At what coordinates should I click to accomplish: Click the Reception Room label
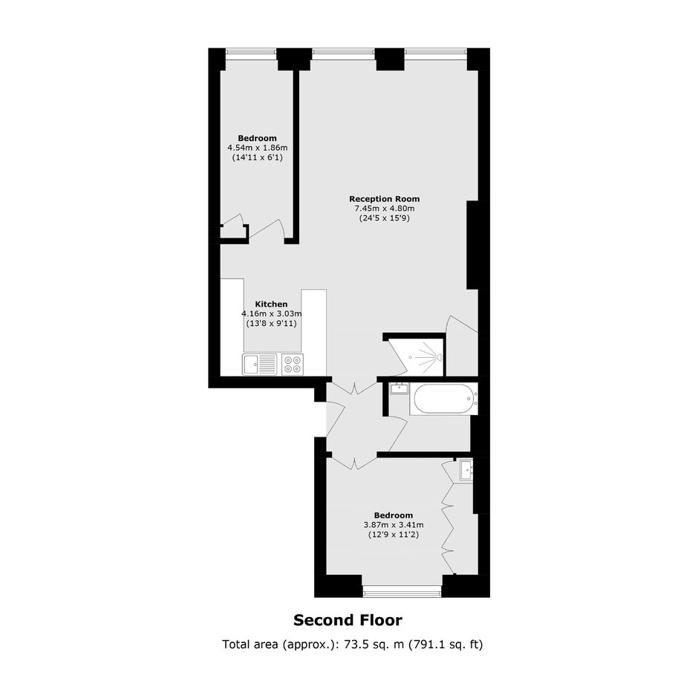(x=384, y=199)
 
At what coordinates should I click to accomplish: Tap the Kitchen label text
(x=271, y=304)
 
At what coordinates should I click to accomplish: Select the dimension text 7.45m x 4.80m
(x=384, y=209)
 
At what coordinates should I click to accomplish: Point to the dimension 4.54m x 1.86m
(x=258, y=147)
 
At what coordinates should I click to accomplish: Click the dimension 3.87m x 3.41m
(x=394, y=525)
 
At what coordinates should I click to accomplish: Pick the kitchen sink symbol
(x=260, y=364)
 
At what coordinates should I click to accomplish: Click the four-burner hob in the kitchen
(x=293, y=364)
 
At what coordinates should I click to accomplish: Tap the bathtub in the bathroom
(x=444, y=399)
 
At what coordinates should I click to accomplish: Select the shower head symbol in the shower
(x=439, y=357)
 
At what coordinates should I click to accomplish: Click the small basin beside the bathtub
(x=399, y=388)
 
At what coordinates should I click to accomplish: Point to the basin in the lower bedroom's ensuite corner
(x=466, y=471)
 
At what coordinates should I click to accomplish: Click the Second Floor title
(x=348, y=620)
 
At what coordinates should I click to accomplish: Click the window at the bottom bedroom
(x=402, y=592)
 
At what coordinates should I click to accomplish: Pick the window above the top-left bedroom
(x=252, y=53)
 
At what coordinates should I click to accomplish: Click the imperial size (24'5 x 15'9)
(x=384, y=218)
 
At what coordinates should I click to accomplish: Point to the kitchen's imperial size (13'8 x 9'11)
(x=272, y=324)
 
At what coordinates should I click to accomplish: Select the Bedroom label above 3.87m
(x=394, y=515)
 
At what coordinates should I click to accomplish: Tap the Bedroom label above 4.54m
(x=258, y=138)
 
